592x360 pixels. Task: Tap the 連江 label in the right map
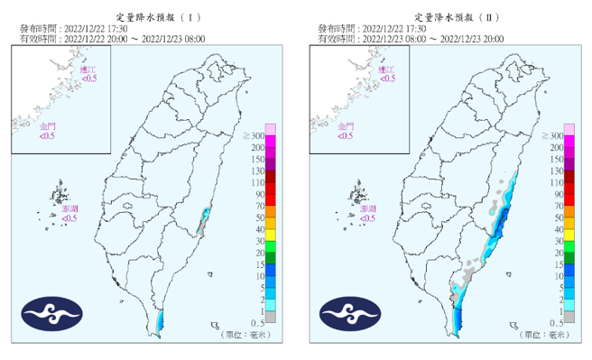pos(387,69)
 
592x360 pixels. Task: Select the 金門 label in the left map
pos(46,126)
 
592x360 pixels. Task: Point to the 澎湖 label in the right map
pos(368,208)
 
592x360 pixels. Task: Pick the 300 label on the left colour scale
pos(255,135)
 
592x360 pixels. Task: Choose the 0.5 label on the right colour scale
pos(557,322)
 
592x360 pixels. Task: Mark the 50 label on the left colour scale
pos(258,217)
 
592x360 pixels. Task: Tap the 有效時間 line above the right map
pos(411,39)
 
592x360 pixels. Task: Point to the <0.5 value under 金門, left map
pos(46,136)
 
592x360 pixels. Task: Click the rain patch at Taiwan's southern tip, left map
pos(160,320)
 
